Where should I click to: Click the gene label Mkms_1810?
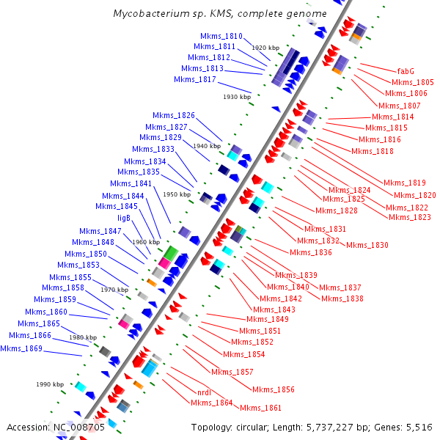[x=223, y=36]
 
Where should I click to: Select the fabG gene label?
[x=406, y=71]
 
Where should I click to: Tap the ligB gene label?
[x=124, y=218]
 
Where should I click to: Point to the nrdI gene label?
[x=205, y=392]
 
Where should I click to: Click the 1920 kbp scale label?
[x=266, y=48]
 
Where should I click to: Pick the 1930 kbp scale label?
[x=237, y=97]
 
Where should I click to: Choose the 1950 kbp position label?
[x=176, y=195]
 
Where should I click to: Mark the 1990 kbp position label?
[x=51, y=384]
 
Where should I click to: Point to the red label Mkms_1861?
[x=260, y=408]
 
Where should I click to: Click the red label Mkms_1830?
[x=367, y=245]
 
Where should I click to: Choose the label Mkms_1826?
[x=174, y=115]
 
